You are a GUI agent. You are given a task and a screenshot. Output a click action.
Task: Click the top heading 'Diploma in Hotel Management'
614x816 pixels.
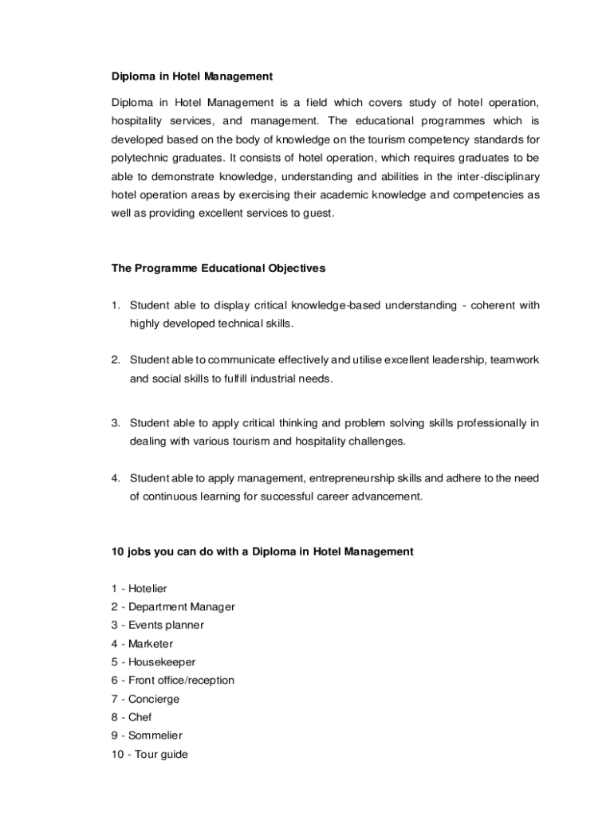[191, 76]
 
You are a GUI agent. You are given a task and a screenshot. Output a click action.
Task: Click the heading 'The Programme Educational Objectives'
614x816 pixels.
[218, 269]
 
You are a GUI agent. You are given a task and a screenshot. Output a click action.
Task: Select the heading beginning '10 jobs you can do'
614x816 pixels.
[262, 551]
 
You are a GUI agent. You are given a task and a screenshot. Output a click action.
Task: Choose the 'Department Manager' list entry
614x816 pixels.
[182, 607]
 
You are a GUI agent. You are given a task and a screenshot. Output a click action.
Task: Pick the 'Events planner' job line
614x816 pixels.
[166, 626]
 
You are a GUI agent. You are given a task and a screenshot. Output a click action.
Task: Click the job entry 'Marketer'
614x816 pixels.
[151, 644]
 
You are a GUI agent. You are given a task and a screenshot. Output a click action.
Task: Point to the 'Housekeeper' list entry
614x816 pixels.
[162, 662]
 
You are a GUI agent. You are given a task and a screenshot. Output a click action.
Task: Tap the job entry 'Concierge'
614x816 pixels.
[154, 699]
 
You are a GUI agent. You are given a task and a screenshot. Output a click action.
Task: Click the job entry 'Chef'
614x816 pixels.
[140, 717]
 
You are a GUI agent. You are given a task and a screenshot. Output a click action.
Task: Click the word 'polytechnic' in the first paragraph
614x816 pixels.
[141, 158]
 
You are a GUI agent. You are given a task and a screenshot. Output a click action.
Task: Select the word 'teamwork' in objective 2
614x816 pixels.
[515, 360]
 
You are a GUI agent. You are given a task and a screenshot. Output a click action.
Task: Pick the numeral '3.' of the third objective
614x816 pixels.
[116, 422]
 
